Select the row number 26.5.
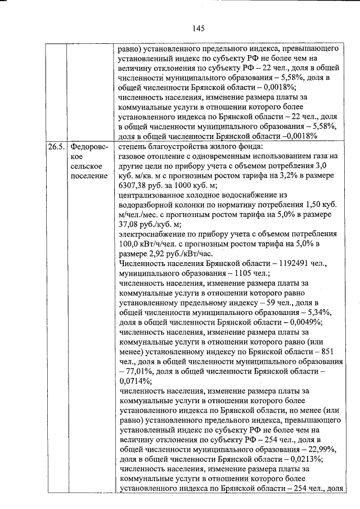point(55,147)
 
